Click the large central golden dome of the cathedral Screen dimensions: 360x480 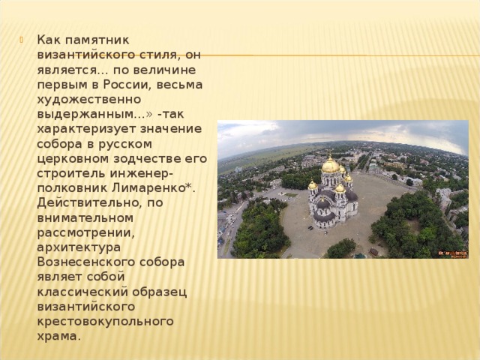[x=331, y=165]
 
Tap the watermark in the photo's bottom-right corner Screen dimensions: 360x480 [x=453, y=253]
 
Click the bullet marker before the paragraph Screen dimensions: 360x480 [x=28, y=40]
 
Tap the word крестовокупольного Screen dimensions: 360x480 [x=105, y=321]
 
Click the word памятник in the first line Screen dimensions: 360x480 [x=103, y=40]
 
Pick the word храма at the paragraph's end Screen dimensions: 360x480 [x=57, y=336]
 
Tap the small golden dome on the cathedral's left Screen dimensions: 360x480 [x=313, y=185]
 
